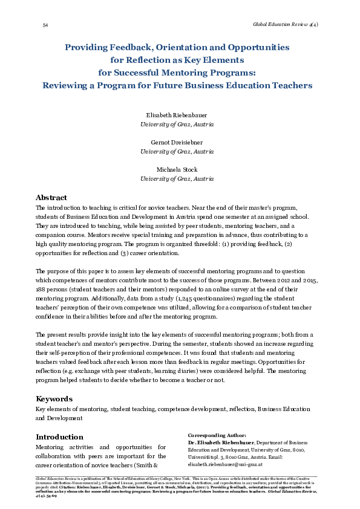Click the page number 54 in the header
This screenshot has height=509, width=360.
[45, 25]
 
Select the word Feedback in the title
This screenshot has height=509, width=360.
[130, 47]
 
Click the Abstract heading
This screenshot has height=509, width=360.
[51, 198]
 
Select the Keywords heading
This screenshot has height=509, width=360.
[54, 399]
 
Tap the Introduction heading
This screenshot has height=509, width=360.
[59, 437]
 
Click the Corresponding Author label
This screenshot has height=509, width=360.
[217, 435]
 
